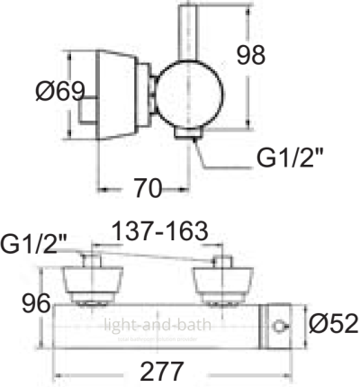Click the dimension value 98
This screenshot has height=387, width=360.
[x=251, y=55]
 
